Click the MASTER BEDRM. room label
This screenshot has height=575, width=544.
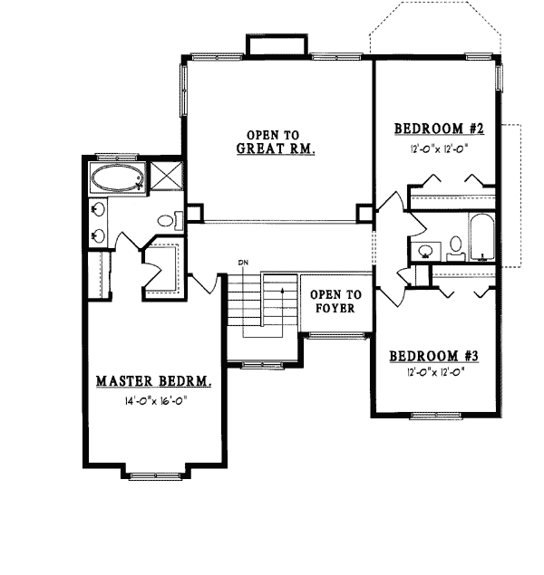153,381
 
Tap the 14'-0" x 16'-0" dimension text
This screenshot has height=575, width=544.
156,401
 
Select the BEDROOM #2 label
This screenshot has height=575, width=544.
440,129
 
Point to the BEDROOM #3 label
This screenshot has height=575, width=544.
434,356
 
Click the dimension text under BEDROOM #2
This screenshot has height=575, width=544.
440,149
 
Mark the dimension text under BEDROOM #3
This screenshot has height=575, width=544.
436,372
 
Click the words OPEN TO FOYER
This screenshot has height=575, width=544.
335,301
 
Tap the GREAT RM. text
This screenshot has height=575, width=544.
276,149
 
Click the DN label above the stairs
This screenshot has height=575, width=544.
243,263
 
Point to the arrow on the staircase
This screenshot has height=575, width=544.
282,311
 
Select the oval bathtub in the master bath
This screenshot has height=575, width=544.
117,177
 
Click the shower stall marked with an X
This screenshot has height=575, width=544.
166,177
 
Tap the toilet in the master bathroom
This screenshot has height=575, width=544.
170,221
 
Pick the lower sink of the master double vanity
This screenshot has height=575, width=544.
98,235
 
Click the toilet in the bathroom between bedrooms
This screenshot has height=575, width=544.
456,248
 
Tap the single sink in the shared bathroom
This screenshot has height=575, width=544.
426,251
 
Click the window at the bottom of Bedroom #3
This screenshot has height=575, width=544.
435,416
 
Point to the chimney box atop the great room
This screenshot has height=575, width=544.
277,45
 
